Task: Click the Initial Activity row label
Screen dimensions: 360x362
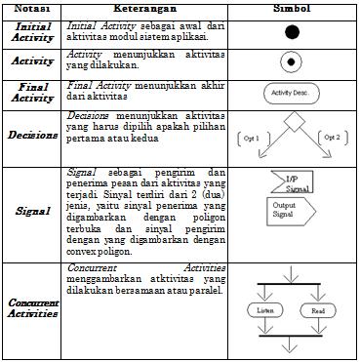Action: (33, 31)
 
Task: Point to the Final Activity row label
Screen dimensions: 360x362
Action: (33, 93)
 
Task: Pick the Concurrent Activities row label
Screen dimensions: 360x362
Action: (33, 308)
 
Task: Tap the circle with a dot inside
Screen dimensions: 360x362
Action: (290, 62)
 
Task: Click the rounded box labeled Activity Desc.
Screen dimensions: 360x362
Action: (290, 95)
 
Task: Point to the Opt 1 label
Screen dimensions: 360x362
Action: (251, 139)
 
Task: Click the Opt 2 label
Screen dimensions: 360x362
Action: (331, 138)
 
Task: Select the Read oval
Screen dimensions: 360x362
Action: (317, 310)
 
